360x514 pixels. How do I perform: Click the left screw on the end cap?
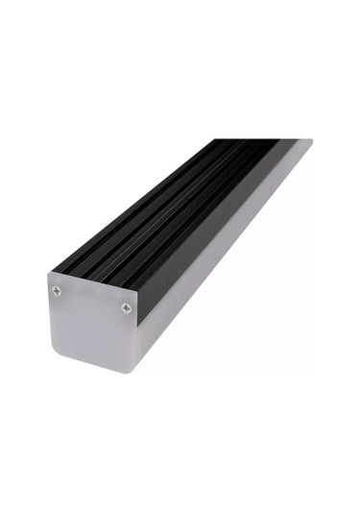57,291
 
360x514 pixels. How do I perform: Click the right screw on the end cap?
127,308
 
